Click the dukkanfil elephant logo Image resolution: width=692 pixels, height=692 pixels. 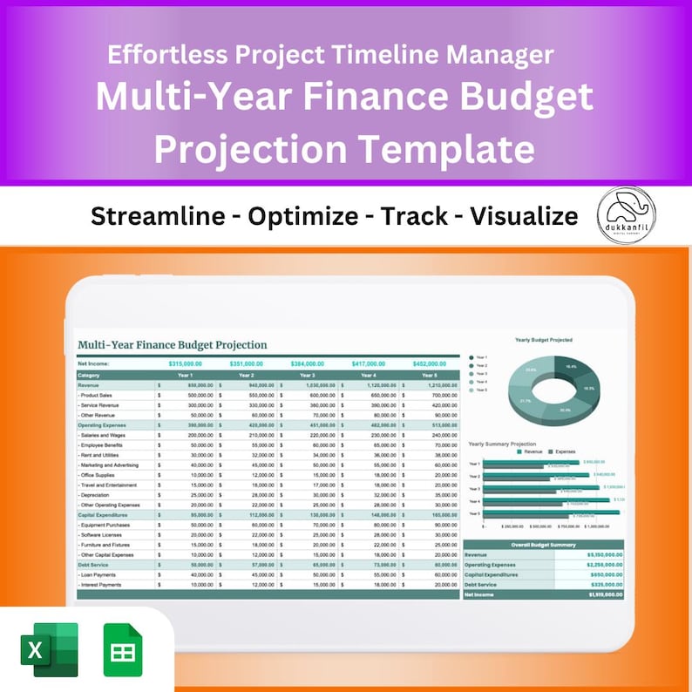click(x=627, y=215)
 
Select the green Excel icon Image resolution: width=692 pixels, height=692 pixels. click(x=49, y=650)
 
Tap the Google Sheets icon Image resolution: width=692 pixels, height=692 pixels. click(x=123, y=650)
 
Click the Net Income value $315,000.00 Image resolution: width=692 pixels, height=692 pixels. click(x=185, y=363)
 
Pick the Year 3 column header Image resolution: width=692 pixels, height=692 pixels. click(x=307, y=375)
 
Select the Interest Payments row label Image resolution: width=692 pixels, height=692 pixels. click(x=99, y=585)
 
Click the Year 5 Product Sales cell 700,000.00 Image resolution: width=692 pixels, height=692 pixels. click(x=440, y=395)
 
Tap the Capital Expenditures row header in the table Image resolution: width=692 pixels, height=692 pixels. click(x=104, y=514)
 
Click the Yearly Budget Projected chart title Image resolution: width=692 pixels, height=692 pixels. click(x=543, y=340)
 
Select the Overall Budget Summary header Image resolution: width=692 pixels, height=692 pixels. click(x=543, y=544)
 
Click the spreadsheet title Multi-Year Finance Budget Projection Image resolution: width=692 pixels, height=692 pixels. click(x=173, y=345)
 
